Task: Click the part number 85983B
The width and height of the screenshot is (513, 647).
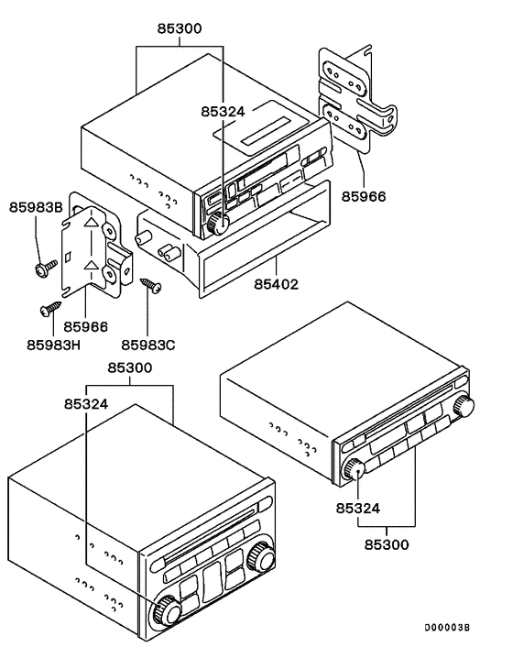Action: click(36, 207)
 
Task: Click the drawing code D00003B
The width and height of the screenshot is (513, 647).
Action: click(446, 627)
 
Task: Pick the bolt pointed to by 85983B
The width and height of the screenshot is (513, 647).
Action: click(42, 269)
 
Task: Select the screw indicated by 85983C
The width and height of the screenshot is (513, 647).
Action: click(150, 285)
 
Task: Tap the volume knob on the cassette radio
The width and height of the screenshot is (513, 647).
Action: click(216, 222)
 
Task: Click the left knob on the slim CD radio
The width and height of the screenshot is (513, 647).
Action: click(354, 469)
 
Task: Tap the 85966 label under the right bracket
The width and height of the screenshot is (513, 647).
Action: click(364, 196)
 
